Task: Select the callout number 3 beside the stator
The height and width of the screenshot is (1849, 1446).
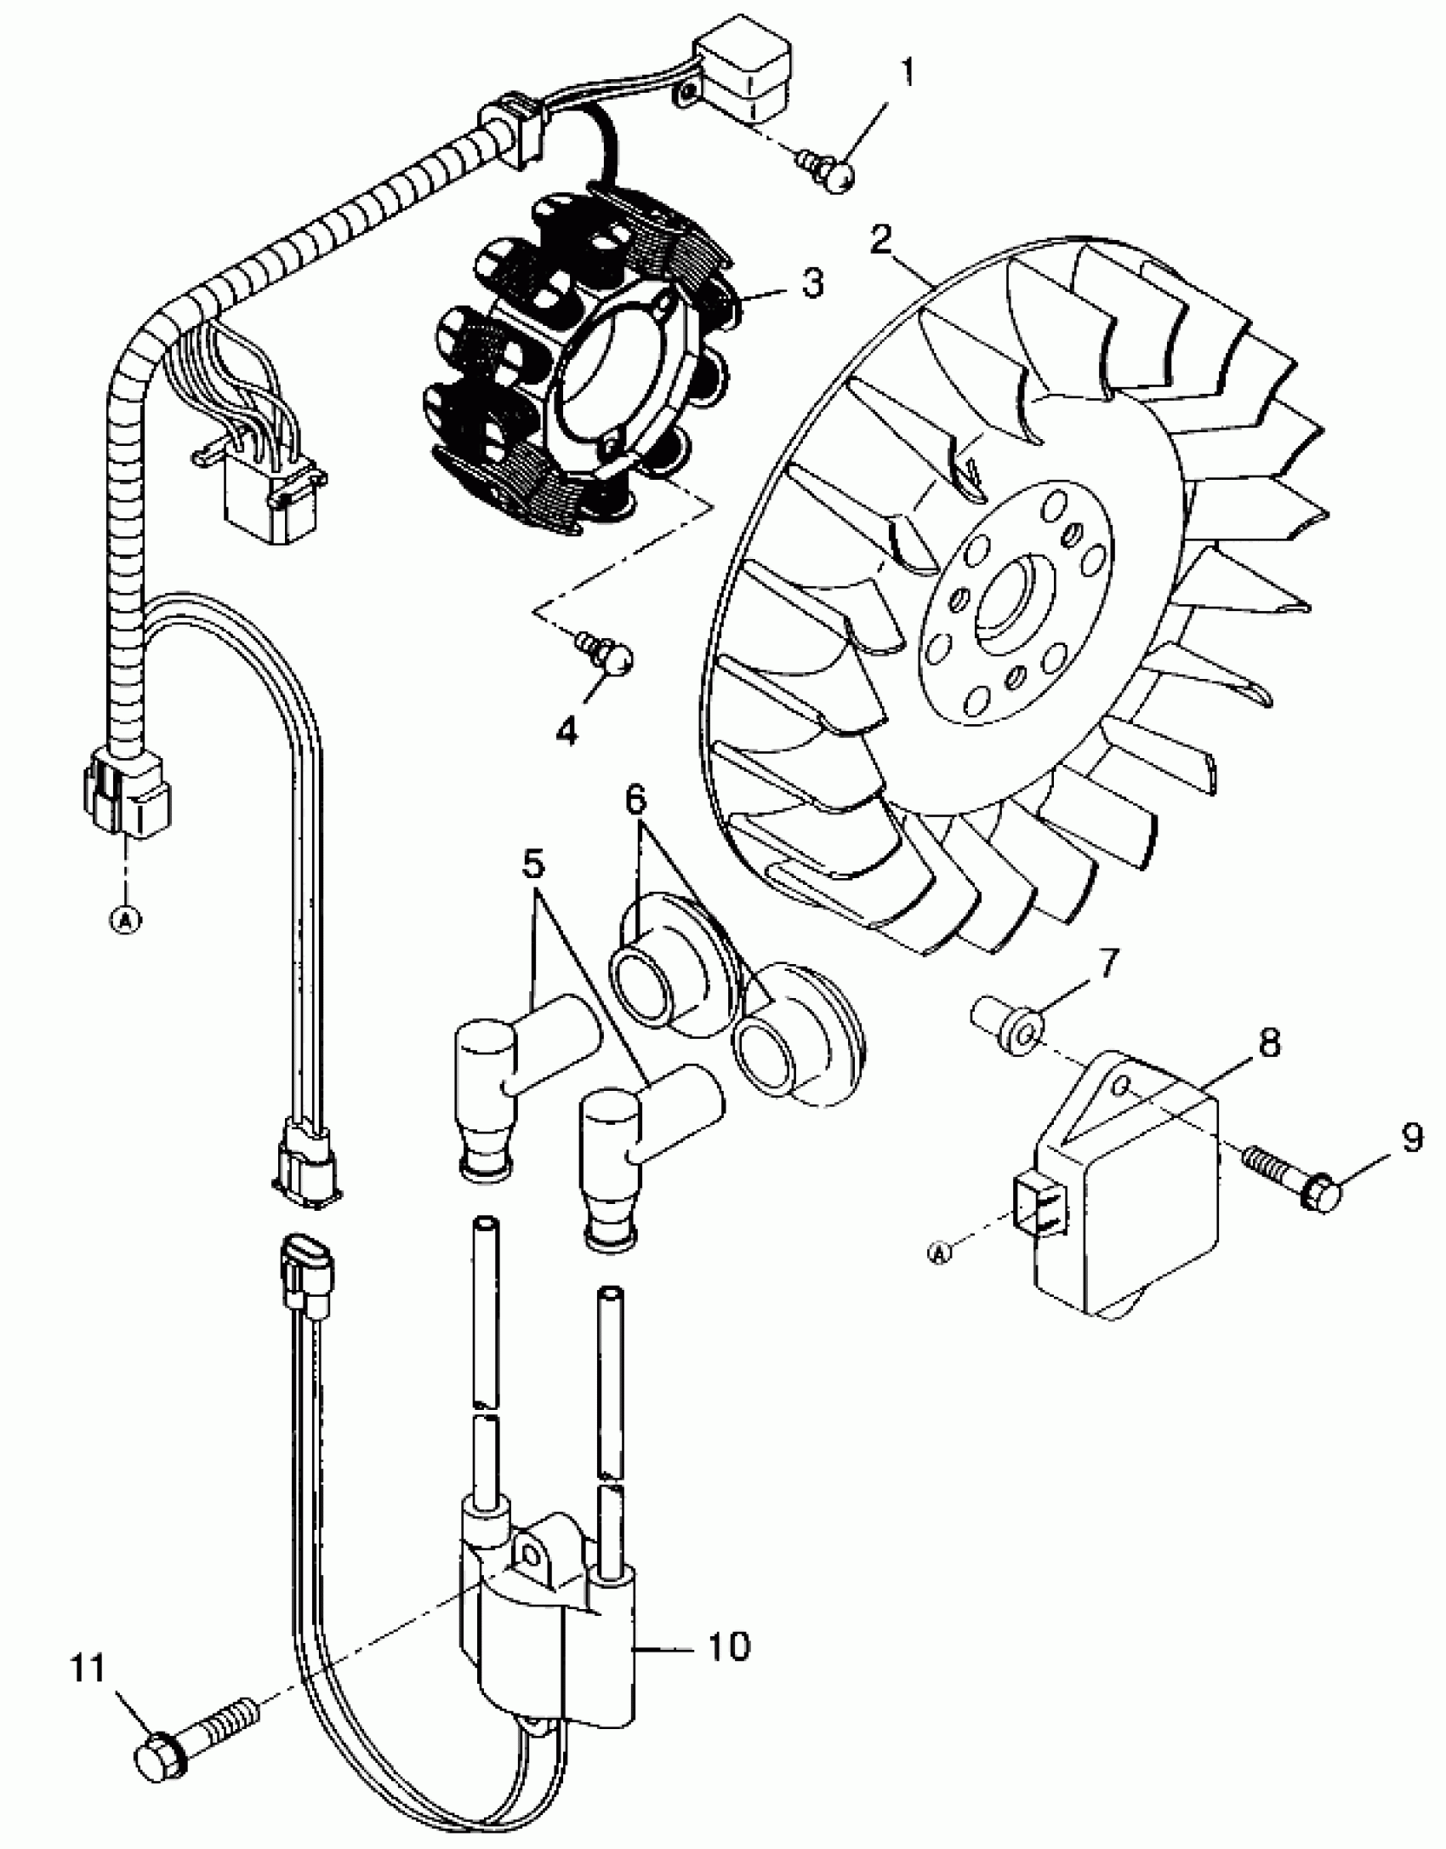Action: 812,283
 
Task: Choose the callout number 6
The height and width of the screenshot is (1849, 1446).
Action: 635,800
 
